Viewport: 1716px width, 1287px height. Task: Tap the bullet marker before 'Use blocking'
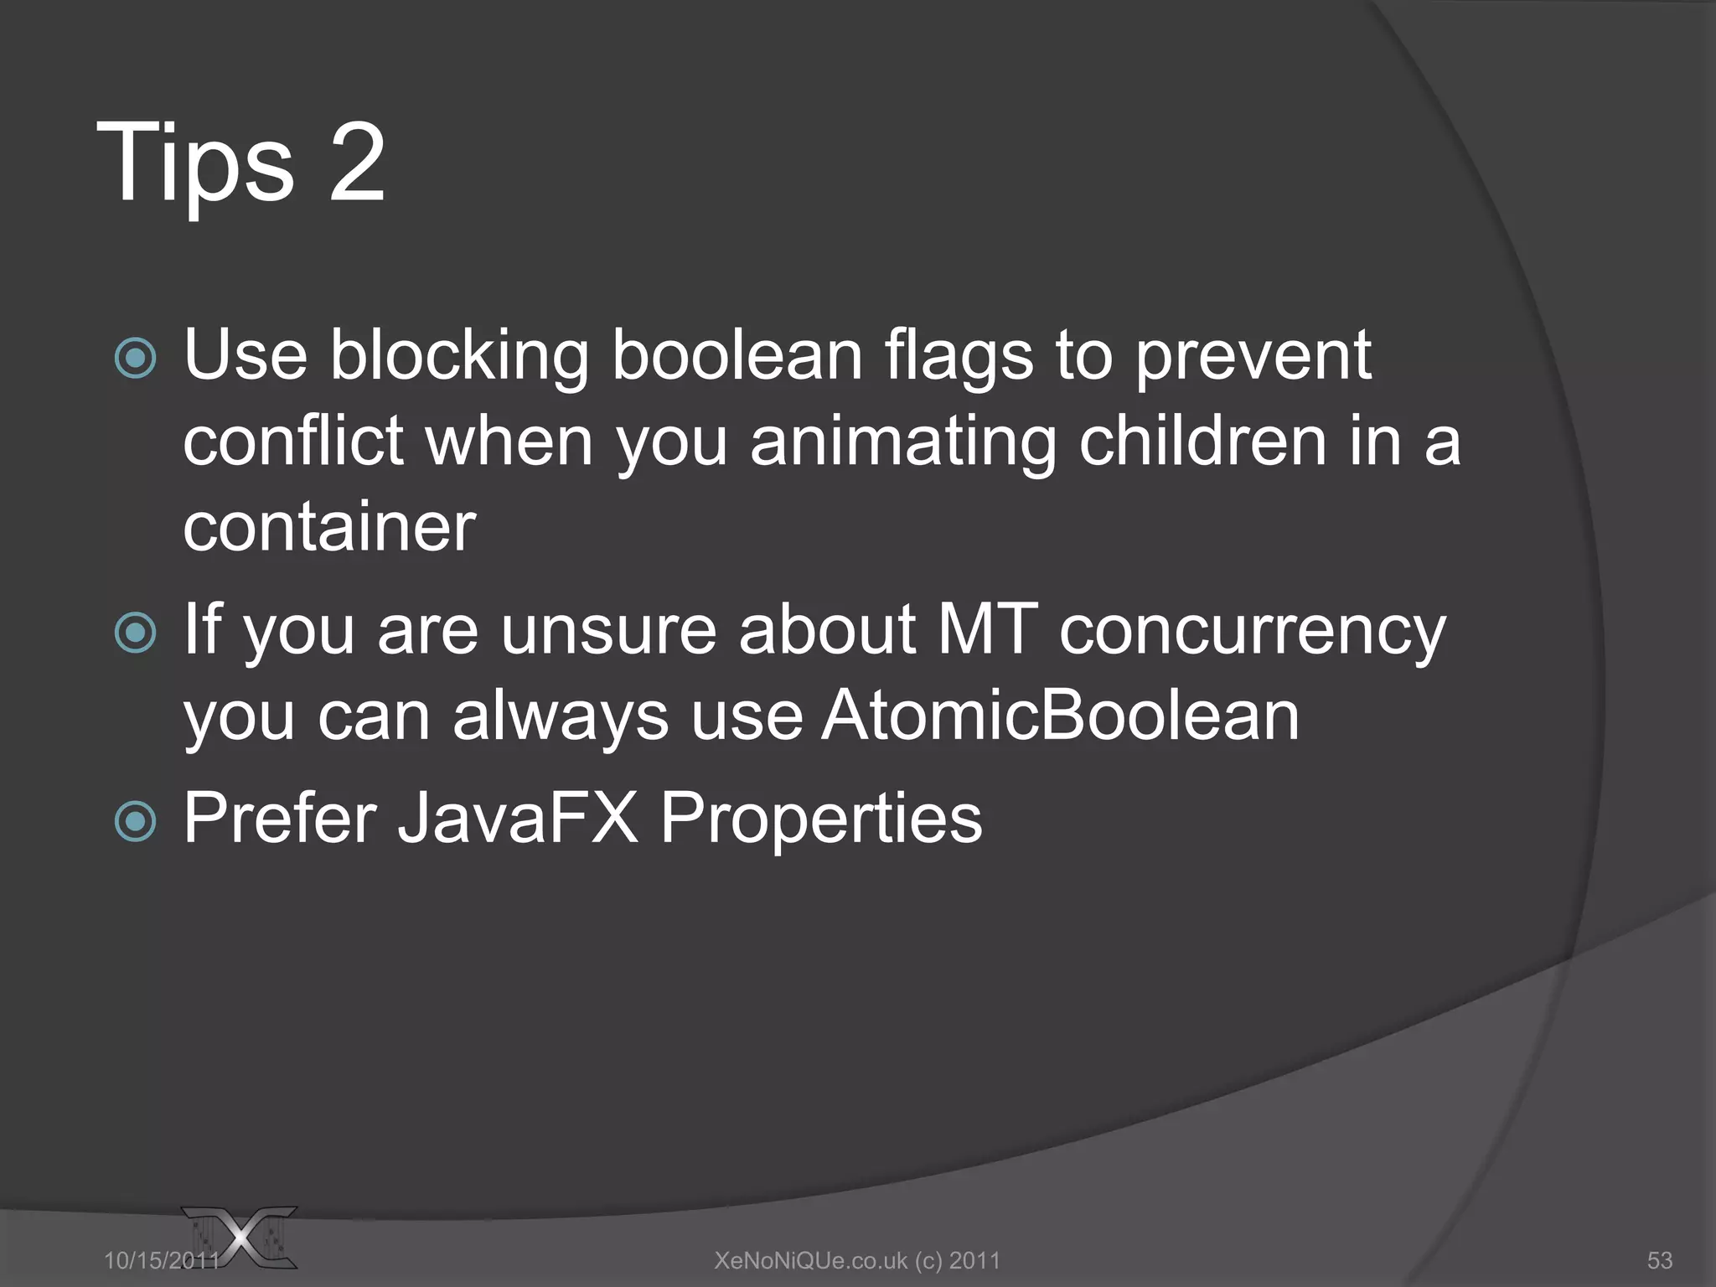[x=136, y=359]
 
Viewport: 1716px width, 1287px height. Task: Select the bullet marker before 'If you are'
[x=136, y=633]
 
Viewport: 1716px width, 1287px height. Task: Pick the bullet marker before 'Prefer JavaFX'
[x=136, y=821]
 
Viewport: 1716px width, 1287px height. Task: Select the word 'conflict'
[x=293, y=442]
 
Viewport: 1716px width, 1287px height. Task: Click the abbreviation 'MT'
[x=987, y=629]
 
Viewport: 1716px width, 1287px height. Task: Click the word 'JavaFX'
[x=517, y=819]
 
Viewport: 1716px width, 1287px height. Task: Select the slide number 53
[x=1659, y=1260]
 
